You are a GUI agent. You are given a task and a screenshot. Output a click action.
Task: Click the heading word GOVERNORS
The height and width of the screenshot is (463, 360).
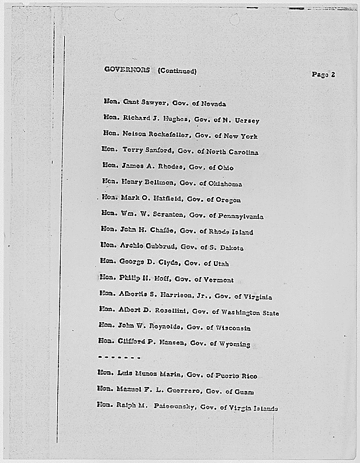(x=127, y=70)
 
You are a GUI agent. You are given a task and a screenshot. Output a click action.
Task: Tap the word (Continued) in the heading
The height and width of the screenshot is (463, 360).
(x=176, y=71)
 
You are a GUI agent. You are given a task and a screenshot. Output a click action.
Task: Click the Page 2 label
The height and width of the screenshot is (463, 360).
(x=323, y=74)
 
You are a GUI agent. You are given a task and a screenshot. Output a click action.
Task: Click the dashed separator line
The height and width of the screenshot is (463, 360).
(x=119, y=357)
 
